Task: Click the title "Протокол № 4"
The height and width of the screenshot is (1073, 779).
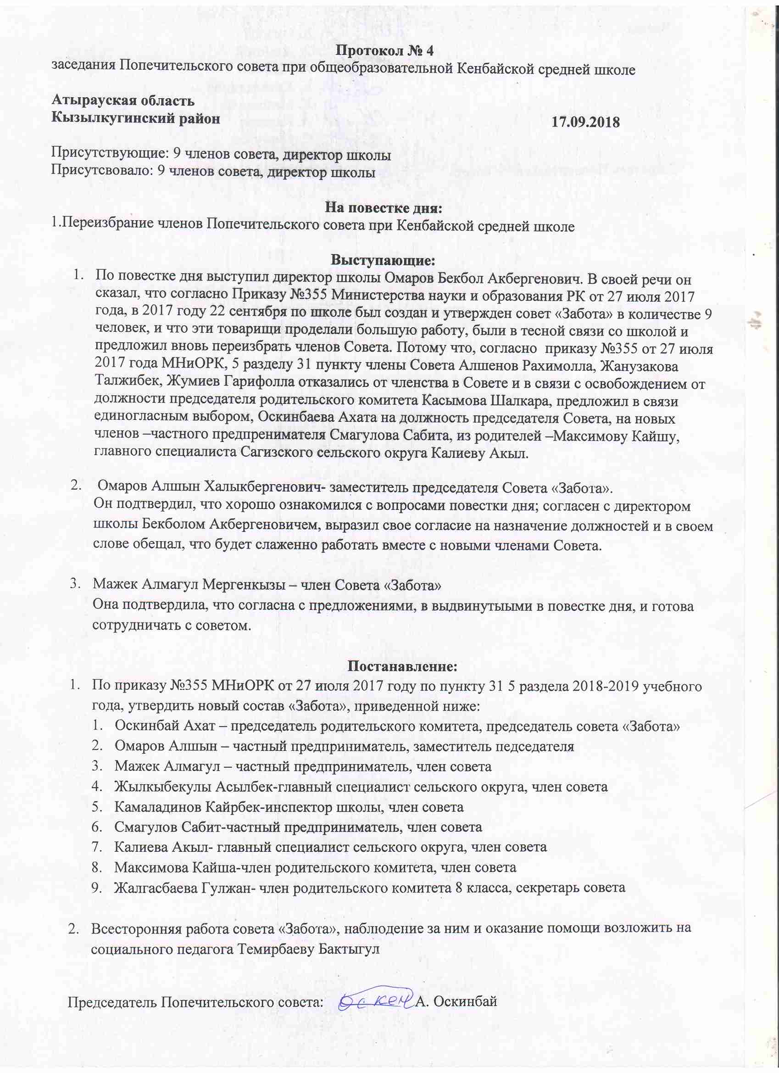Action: [x=385, y=50]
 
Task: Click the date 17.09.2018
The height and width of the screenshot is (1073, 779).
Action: [x=585, y=122]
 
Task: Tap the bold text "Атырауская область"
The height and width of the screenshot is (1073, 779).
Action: [x=122, y=101]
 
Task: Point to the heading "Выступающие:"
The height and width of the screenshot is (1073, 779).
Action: [x=383, y=260]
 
